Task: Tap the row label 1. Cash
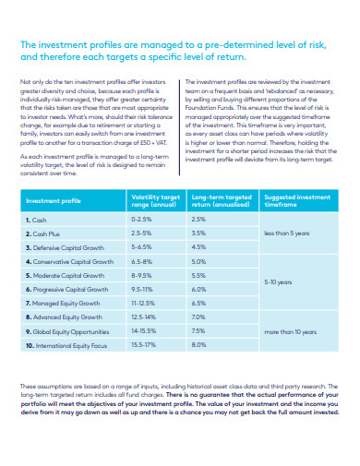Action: click(x=36, y=220)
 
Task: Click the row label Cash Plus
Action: click(x=42, y=233)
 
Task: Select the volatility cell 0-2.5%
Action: click(x=142, y=220)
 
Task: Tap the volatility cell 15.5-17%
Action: click(x=144, y=345)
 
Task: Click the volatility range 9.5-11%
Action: click(x=142, y=289)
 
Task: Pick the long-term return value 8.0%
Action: click(x=198, y=345)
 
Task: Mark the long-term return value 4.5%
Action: click(x=198, y=247)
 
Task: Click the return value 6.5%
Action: click(x=198, y=303)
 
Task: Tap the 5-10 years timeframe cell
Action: click(x=278, y=282)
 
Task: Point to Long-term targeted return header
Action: click(x=221, y=200)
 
